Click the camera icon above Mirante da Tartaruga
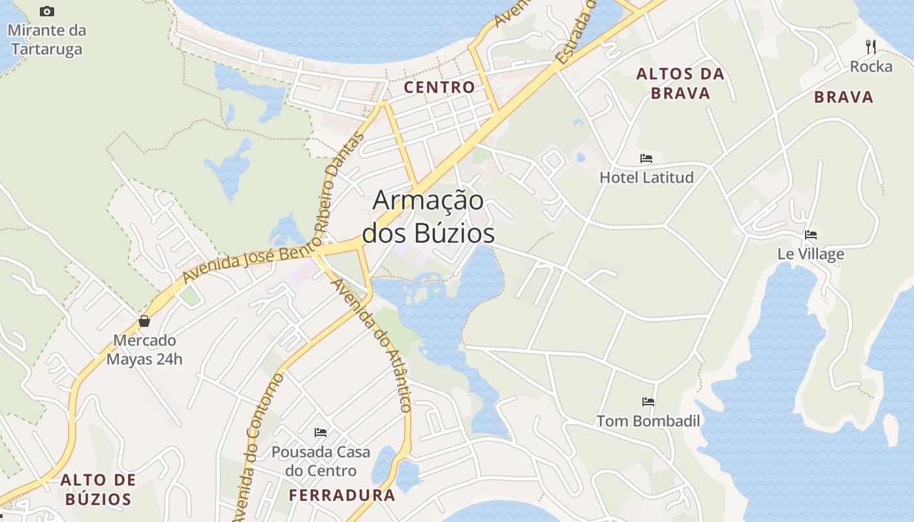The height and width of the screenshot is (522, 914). click(47, 11)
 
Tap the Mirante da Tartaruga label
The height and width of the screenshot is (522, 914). click(46, 40)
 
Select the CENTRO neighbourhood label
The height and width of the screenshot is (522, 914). click(439, 87)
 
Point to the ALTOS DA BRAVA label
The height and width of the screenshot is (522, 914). click(681, 84)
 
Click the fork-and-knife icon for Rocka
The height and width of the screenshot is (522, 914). click(870, 46)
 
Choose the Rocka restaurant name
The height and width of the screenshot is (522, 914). click(871, 67)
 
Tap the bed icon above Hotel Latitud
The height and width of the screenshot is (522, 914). click(646, 158)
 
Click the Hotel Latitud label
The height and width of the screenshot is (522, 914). click(646, 177)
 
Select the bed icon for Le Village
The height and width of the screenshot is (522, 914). click(811, 235)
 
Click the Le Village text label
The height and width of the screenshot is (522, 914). click(811, 254)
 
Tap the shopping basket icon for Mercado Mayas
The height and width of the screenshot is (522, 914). click(144, 321)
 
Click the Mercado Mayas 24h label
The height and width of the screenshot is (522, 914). click(144, 350)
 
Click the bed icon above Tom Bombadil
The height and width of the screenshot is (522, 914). click(648, 401)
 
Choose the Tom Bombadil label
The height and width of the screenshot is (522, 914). click(648, 421)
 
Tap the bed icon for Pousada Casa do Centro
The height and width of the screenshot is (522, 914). click(321, 432)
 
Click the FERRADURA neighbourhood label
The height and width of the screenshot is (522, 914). click(342, 495)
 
